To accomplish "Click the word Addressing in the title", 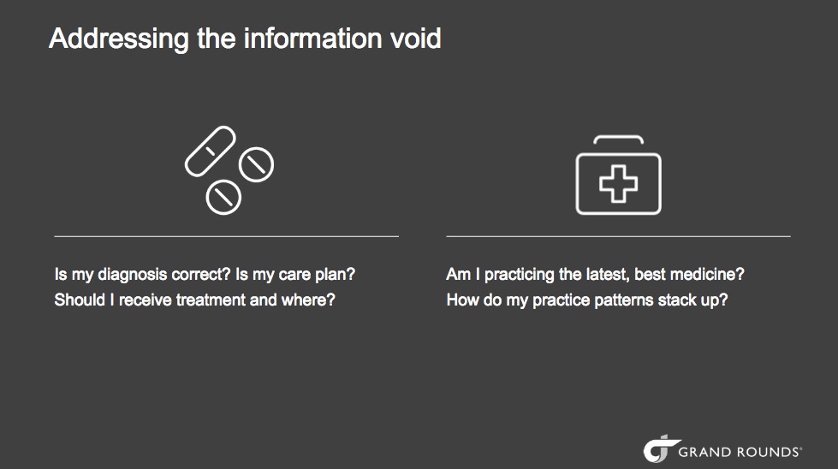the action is click(x=119, y=39).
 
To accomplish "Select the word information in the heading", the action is click(x=312, y=39).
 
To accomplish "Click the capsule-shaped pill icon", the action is click(x=210, y=151).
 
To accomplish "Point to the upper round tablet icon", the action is click(x=257, y=164).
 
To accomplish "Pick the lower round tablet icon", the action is click(x=223, y=197).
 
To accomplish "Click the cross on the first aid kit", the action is click(x=618, y=184).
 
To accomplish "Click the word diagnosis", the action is click(x=133, y=275).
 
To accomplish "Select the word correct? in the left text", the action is click(x=201, y=275).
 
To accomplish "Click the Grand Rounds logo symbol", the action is click(x=660, y=448).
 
